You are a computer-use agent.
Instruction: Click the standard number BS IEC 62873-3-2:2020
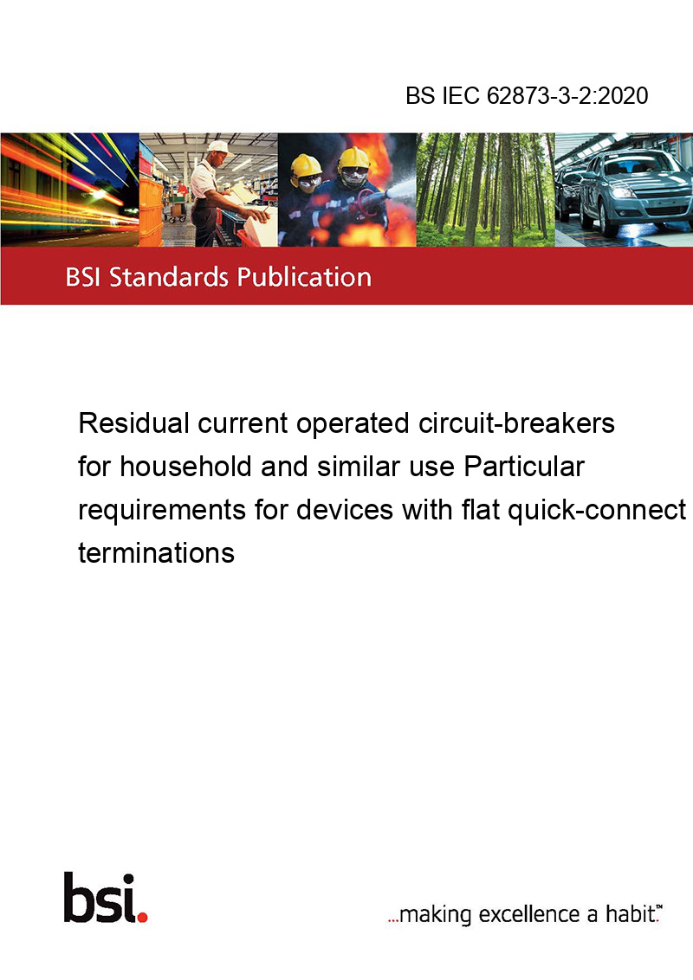[x=527, y=95]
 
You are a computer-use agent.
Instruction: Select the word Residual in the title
[x=134, y=423]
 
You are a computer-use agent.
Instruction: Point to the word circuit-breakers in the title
[x=516, y=423]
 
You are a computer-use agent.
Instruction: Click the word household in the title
[x=185, y=467]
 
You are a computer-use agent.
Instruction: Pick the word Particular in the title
[x=524, y=467]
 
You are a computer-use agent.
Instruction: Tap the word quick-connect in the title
[x=597, y=510]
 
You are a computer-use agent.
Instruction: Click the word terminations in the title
[x=157, y=553]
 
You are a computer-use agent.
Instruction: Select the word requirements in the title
[x=162, y=510]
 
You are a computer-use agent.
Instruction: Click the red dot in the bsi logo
[x=142, y=917]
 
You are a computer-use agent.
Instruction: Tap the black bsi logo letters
[x=100, y=898]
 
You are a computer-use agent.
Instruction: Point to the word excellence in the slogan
[x=529, y=914]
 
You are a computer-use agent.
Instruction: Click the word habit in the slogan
[x=629, y=913]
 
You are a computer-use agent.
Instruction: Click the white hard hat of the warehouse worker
[x=218, y=147]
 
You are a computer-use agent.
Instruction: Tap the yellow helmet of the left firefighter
[x=306, y=167]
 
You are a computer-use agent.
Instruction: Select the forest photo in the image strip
[x=485, y=190]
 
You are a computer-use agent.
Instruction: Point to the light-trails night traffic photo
[x=69, y=190]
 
